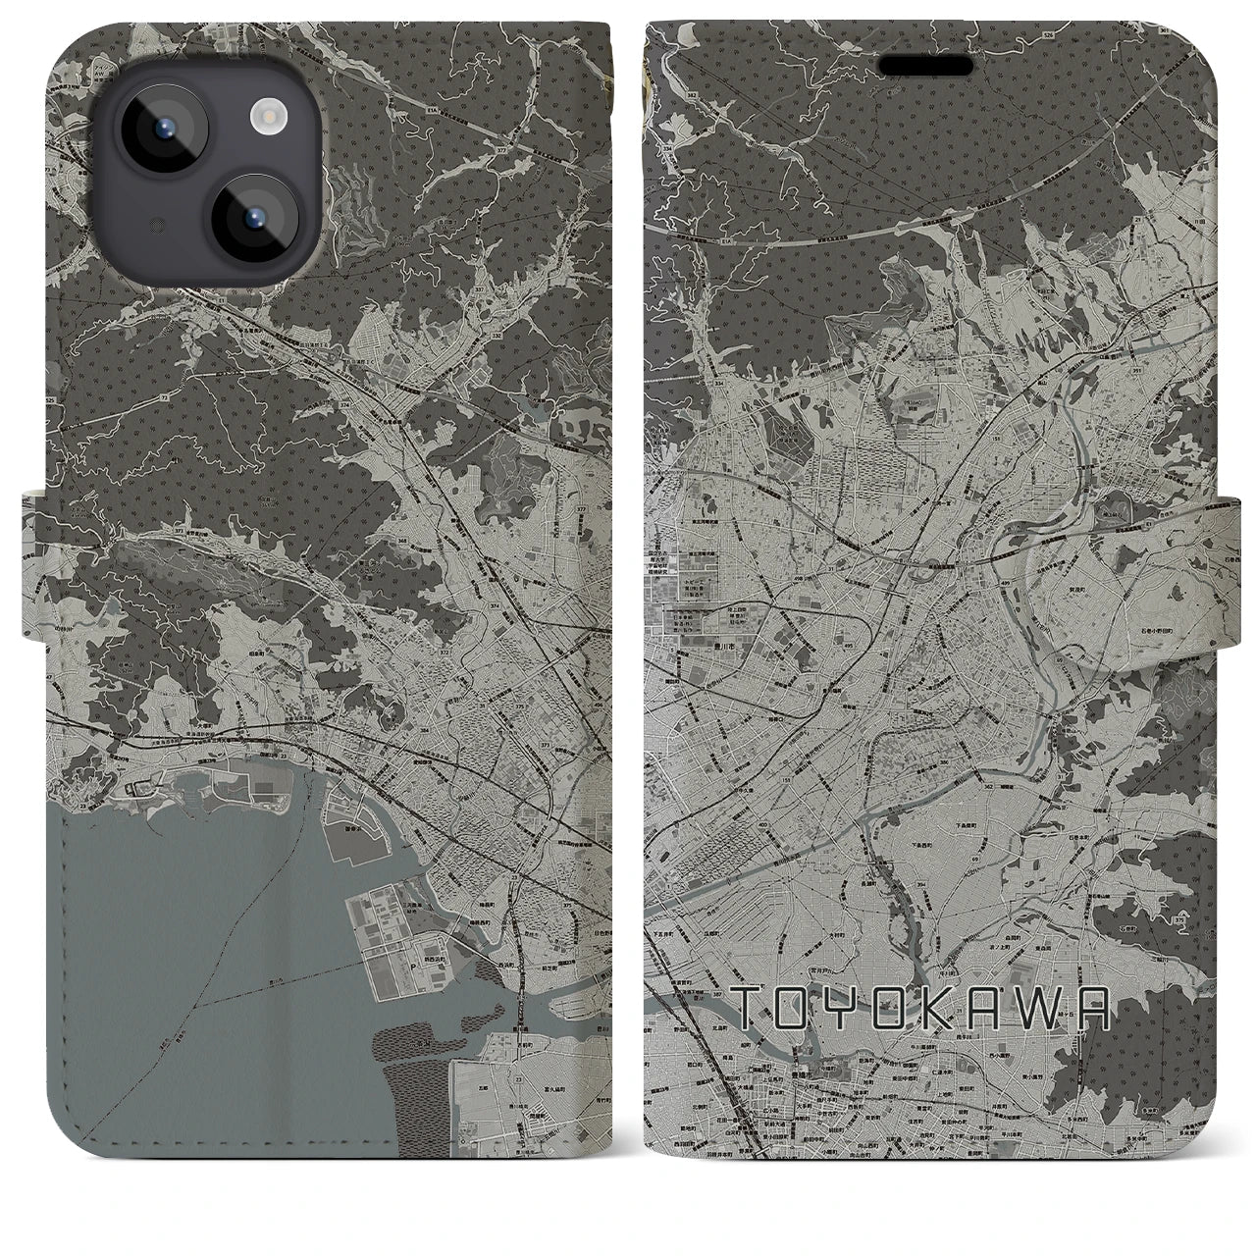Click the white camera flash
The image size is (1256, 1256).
pyautogui.click(x=266, y=118)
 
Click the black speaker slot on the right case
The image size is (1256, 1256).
pyautogui.click(x=925, y=65)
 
